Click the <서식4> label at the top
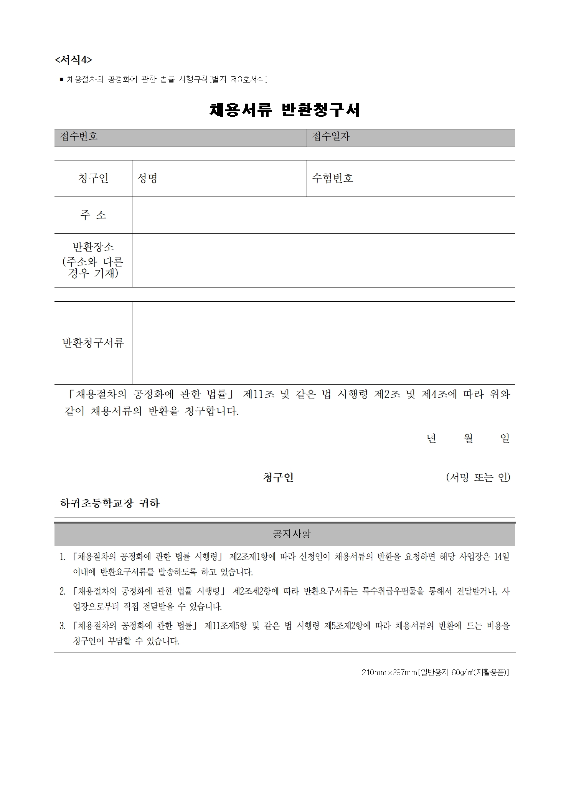tap(73, 60)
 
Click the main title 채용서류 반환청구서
tap(285, 110)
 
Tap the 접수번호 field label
tap(79, 136)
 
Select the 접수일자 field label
tap(331, 136)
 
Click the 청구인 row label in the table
tap(93, 178)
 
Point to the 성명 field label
tap(147, 178)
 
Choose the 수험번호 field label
tap(332, 178)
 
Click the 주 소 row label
tap(93, 215)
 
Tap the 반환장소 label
tap(93, 246)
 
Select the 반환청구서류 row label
tap(93, 343)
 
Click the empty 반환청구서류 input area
tap(323, 343)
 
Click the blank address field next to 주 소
tap(323, 215)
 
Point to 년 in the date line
tap(431, 438)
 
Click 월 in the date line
tap(468, 438)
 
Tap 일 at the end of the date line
tap(505, 438)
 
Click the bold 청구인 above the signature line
tap(278, 477)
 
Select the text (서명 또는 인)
tap(478, 477)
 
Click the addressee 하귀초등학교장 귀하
tap(110, 503)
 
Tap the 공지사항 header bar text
tap(292, 534)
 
